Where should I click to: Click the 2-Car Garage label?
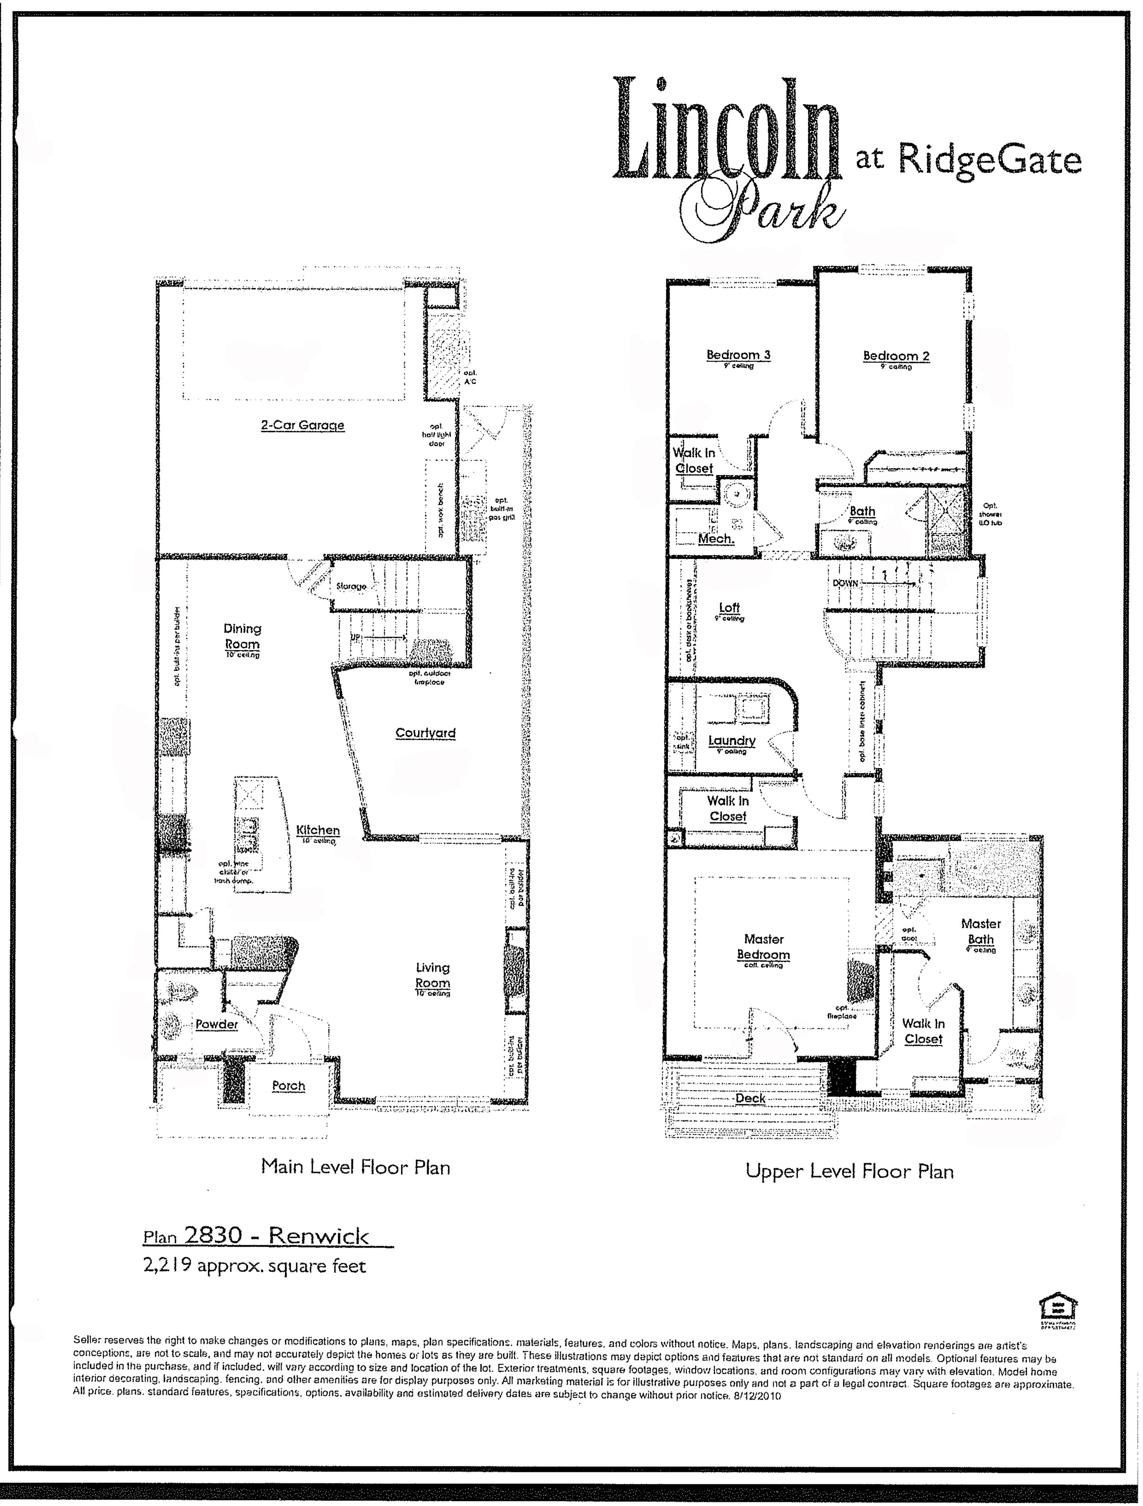coord(302,426)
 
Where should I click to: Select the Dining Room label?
coord(242,637)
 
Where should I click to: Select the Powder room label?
coord(217,1025)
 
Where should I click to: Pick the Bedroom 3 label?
coord(738,355)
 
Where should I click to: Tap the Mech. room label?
coord(716,539)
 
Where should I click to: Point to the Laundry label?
coord(731,741)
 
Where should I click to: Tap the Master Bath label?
coord(981,932)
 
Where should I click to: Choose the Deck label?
coord(751,1098)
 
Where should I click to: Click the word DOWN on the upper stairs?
coord(845,584)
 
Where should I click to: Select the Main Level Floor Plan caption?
coord(355,1168)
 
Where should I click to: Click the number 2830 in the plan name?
coord(214,1236)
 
